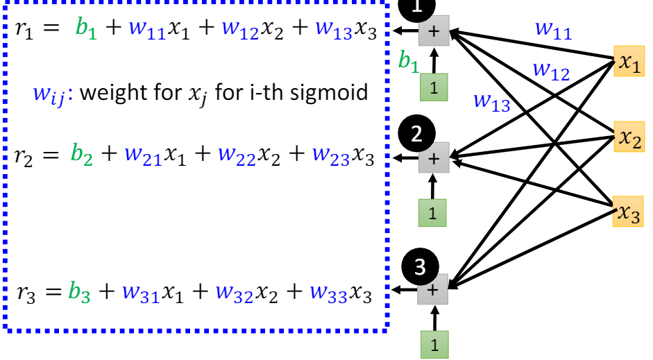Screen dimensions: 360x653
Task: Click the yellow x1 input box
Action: click(x=629, y=64)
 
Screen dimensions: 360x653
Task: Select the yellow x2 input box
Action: click(x=629, y=139)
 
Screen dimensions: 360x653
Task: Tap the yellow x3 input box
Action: click(x=629, y=213)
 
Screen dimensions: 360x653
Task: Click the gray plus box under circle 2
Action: click(x=434, y=158)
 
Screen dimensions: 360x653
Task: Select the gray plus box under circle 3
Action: click(x=432, y=290)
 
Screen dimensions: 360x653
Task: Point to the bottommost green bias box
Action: click(x=433, y=345)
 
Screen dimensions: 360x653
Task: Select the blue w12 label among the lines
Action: click(x=550, y=70)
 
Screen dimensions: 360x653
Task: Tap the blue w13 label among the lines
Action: click(x=491, y=101)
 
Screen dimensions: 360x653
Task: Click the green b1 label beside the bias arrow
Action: click(x=408, y=62)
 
